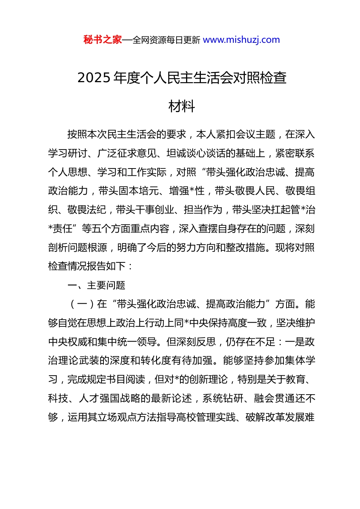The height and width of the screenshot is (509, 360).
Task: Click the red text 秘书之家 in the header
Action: coord(103,40)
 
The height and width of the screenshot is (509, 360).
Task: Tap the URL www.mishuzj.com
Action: coord(241,40)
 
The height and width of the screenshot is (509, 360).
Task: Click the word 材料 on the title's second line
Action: coord(182,106)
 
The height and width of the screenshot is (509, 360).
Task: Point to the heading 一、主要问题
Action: coord(96,285)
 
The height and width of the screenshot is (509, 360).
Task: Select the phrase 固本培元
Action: coord(138,191)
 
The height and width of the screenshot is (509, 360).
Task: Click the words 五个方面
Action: coord(111,229)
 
